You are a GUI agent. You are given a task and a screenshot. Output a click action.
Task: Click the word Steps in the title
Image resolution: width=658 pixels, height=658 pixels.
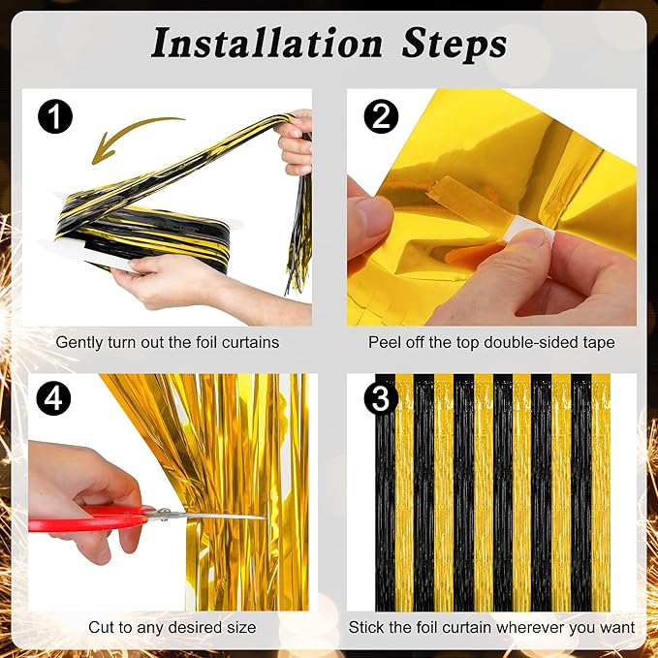(x=452, y=43)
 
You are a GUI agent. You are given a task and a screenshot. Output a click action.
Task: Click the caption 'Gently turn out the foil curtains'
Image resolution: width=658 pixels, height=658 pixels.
(x=168, y=342)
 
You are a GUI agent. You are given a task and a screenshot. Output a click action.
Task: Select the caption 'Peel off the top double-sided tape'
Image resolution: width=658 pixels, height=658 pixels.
(x=491, y=342)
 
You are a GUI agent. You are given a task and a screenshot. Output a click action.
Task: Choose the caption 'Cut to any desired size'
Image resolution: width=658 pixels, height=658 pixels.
(x=172, y=627)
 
